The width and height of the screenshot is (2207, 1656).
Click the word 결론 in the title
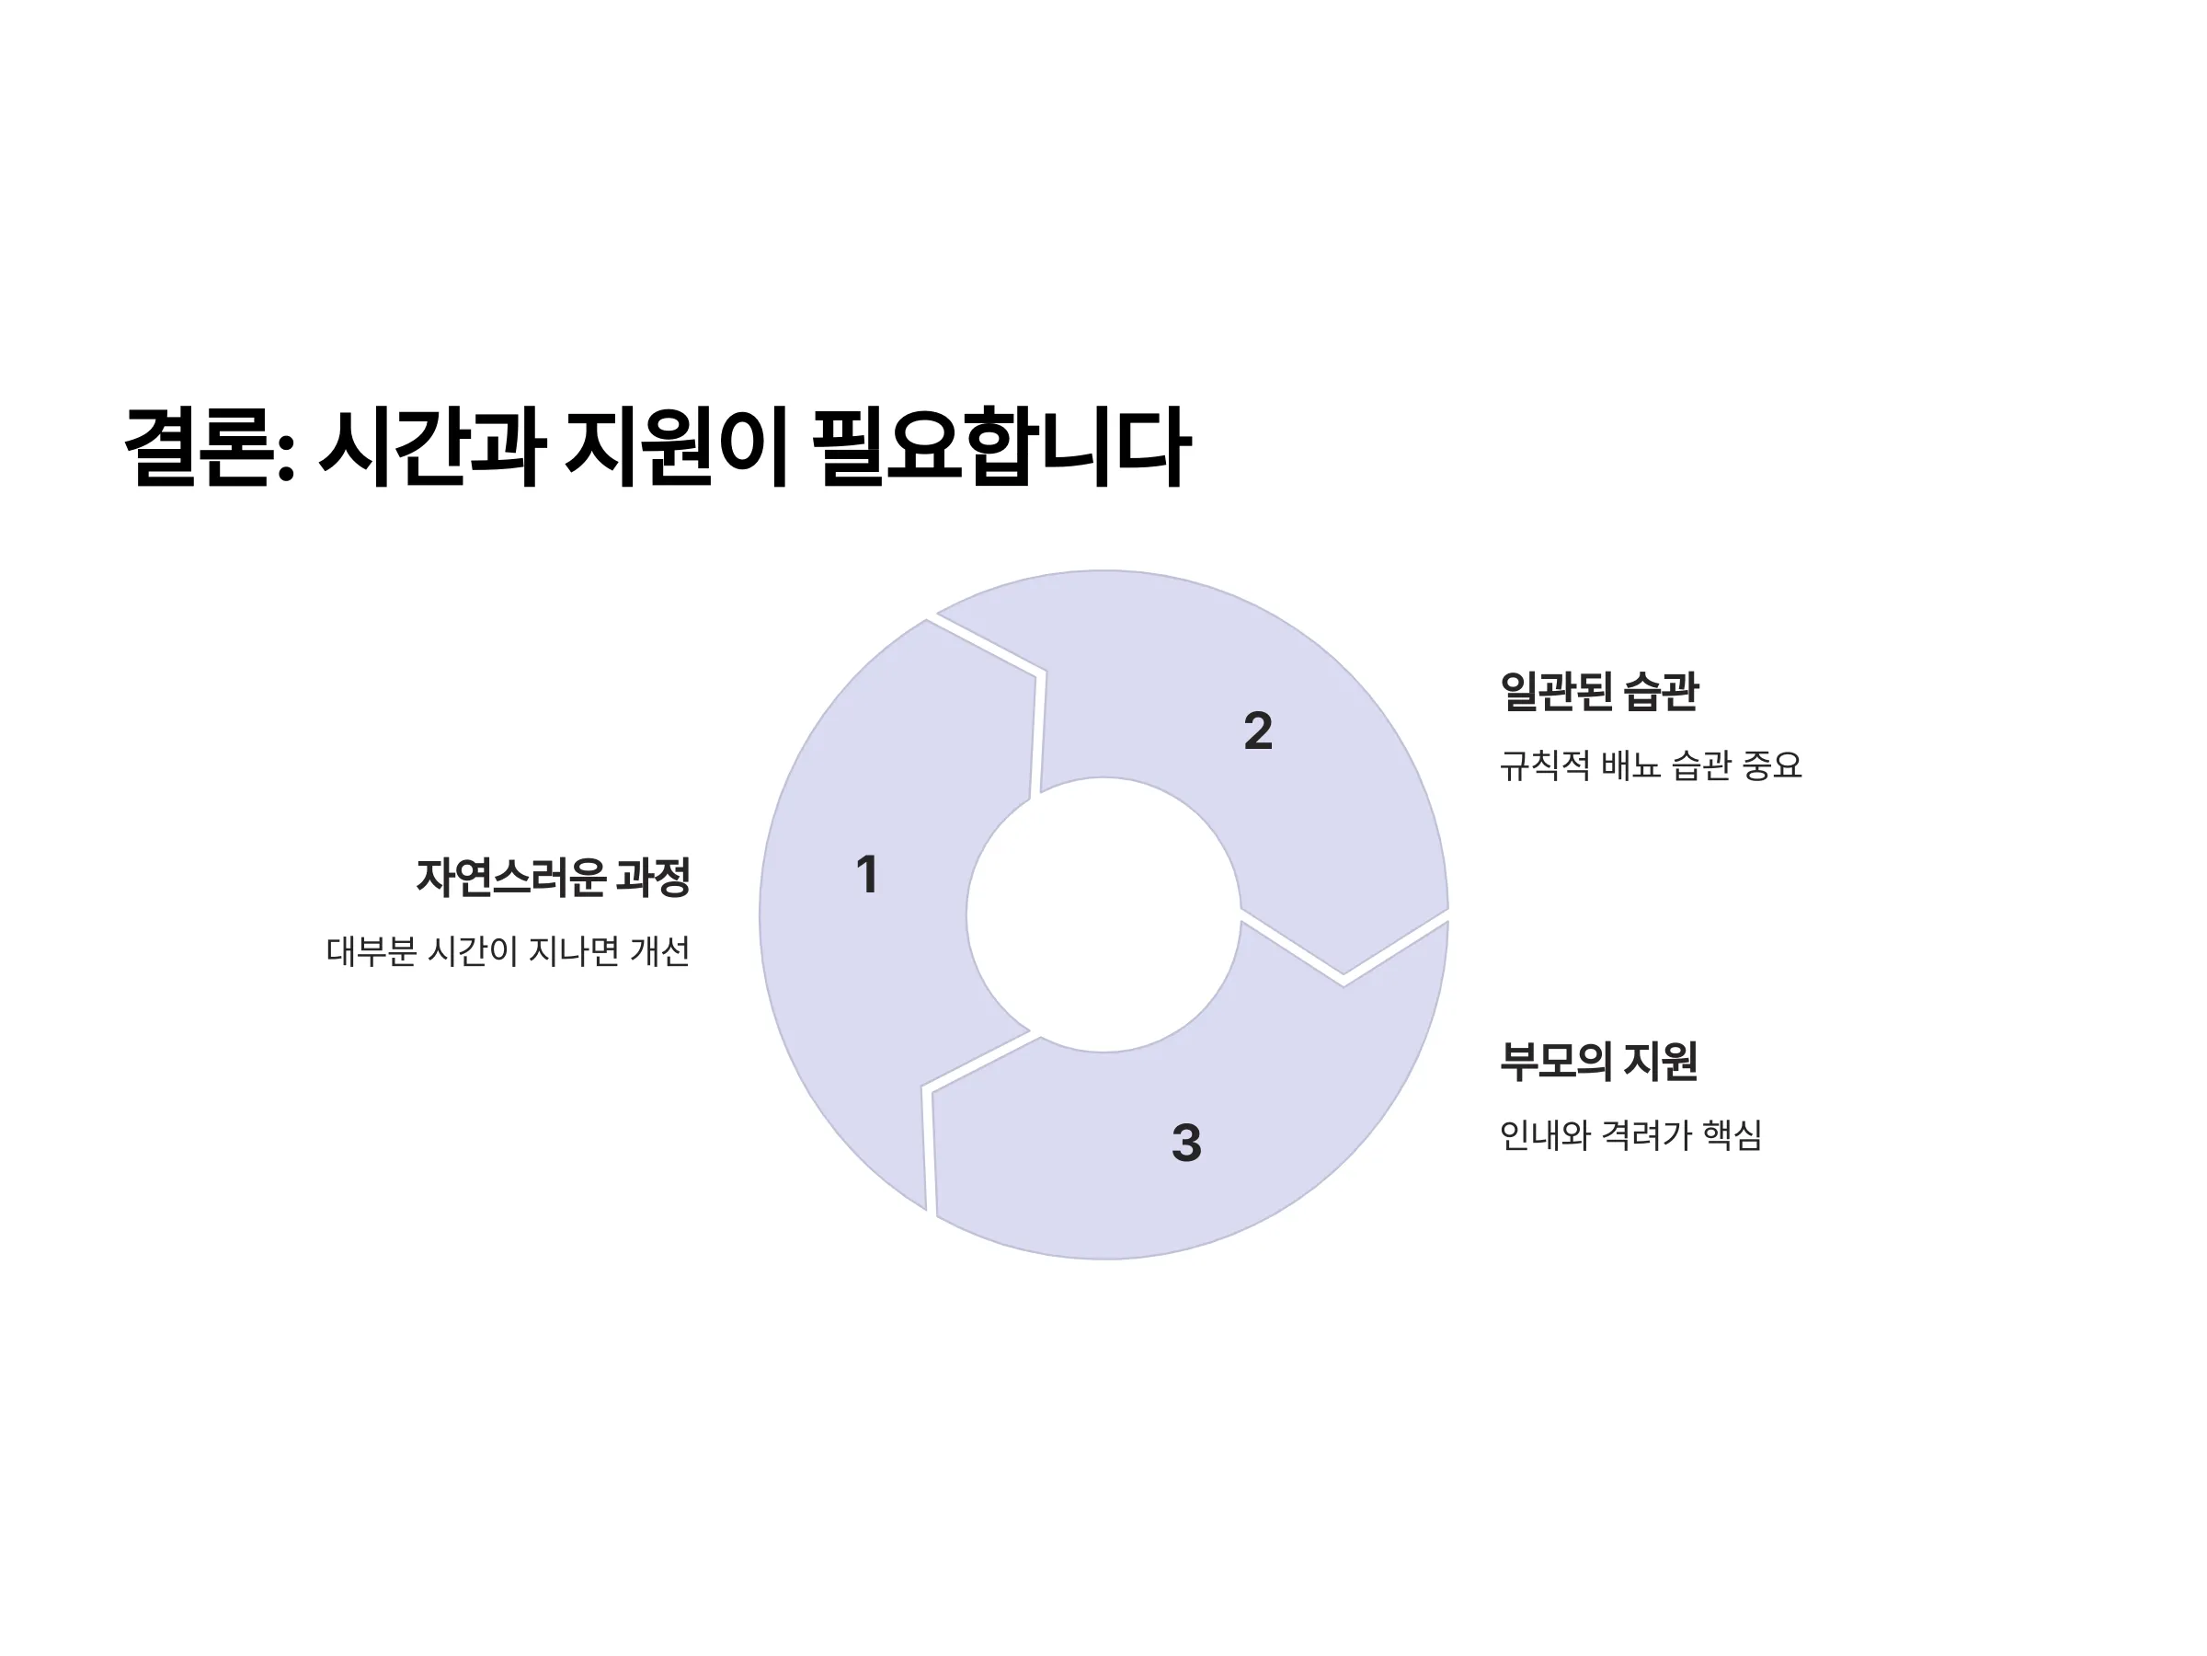(199, 446)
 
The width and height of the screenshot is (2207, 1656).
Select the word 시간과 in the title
(432, 446)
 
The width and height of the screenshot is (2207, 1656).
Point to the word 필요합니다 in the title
(1001, 446)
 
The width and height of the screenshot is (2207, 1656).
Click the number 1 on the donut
(867, 874)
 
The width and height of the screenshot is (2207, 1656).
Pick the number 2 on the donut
(1258, 730)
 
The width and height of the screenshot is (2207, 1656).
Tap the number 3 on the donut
(1186, 1143)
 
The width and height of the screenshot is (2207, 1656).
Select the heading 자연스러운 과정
(553, 878)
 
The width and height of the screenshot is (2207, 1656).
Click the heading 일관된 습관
(1598, 691)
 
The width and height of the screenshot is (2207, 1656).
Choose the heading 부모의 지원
(1598, 1061)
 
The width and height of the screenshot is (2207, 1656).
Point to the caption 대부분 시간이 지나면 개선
(508, 951)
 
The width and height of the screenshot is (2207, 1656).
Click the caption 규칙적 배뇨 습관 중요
(1651, 765)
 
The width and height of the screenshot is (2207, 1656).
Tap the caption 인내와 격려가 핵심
(1630, 1135)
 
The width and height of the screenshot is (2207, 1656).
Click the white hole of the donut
(1103, 914)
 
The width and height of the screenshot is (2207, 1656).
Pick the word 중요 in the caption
(1772, 765)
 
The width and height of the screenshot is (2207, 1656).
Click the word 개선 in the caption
(659, 951)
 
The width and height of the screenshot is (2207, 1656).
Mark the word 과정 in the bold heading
(653, 878)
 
